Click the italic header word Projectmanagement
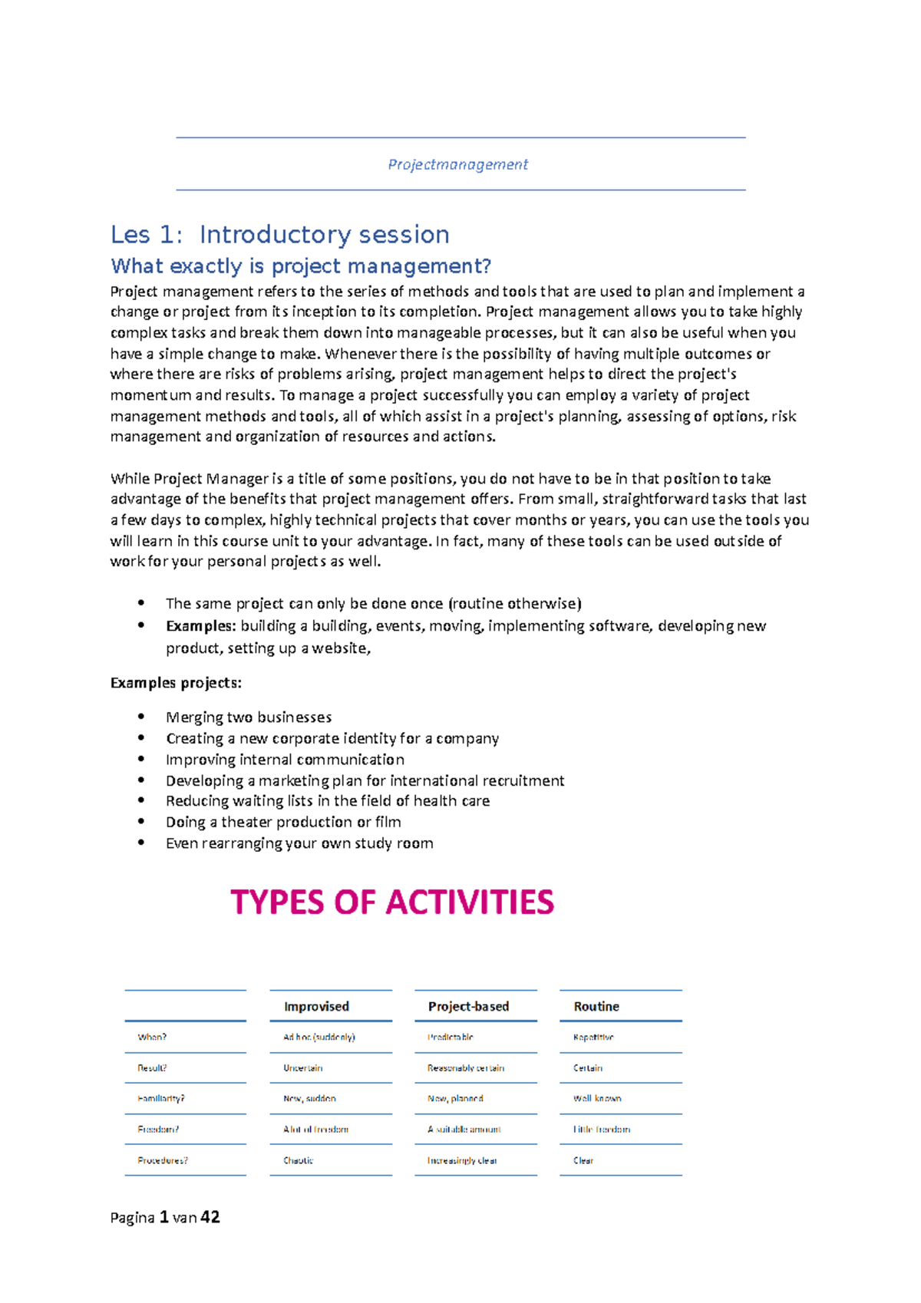pos(457,164)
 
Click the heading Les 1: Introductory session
pos(280,234)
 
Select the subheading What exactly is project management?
pos(301,266)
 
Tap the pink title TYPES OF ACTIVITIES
pos(392,902)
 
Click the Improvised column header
pos(316,1006)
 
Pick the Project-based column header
pos(468,1006)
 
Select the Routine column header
pos(596,1006)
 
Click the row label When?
pos(152,1037)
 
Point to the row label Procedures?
pos(163,1160)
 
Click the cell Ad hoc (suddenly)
pos(319,1037)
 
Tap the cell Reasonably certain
pos(466,1068)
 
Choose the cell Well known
pos(597,1099)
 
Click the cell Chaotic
pos(299,1160)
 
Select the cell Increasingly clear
pos(462,1160)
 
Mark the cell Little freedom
pos(602,1130)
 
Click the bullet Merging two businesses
pos(249,717)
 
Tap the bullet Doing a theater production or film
pos(283,822)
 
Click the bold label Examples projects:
pos(176,683)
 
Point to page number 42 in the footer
pos(210,1217)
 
